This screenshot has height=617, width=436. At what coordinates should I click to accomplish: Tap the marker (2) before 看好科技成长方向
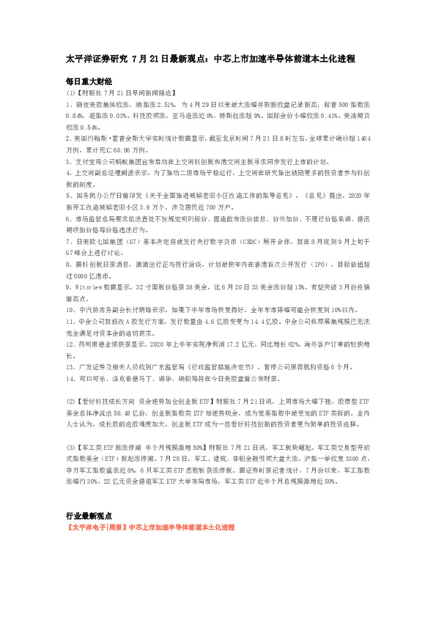[70, 402]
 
